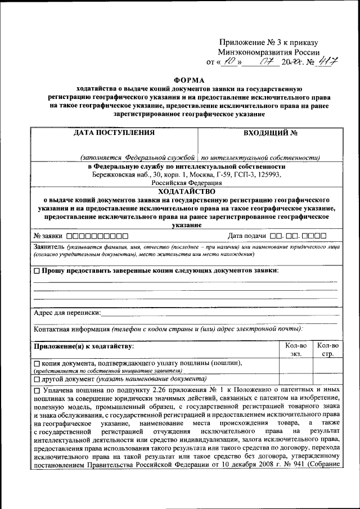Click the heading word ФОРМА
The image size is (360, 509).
click(x=182, y=80)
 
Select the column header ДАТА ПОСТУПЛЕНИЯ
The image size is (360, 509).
click(x=114, y=134)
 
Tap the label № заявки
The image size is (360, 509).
click(x=48, y=236)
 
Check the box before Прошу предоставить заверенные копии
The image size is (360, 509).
click(x=37, y=271)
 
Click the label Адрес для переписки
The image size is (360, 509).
click(x=67, y=312)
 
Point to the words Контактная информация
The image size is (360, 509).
click(x=71, y=329)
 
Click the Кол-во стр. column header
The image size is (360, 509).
click(x=327, y=349)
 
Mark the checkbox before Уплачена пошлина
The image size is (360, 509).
click(x=37, y=390)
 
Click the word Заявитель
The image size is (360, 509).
click(x=49, y=247)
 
